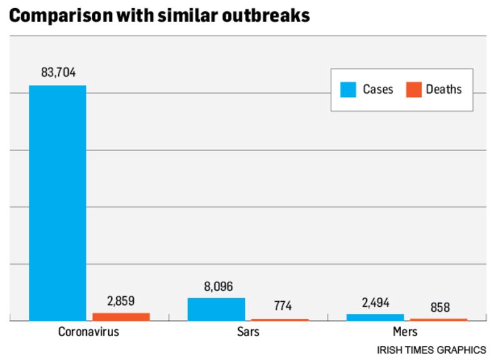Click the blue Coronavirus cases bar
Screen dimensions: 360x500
coord(57,202)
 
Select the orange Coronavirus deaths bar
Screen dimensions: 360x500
coord(121,317)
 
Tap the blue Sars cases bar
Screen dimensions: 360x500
coord(216,309)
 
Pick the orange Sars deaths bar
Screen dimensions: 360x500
coord(280,319)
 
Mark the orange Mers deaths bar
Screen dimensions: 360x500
coord(439,319)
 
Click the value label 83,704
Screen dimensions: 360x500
coord(57,73)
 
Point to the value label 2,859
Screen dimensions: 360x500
coord(121,301)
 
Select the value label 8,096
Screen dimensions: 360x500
coord(216,286)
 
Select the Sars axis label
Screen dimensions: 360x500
coord(248,332)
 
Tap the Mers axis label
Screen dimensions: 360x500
coord(406,332)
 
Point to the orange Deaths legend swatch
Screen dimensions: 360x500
coord(413,89)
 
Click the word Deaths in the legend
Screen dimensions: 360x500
coord(444,89)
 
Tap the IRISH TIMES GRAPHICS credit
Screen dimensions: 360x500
coord(431,349)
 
